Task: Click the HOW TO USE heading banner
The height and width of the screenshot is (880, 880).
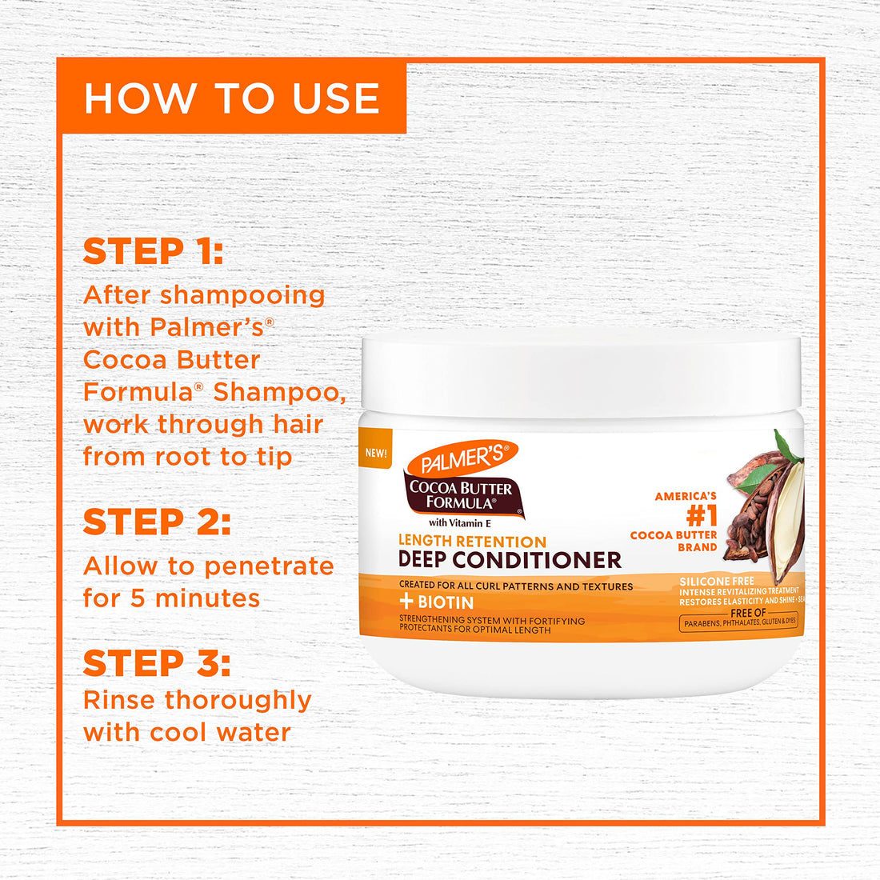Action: click(232, 98)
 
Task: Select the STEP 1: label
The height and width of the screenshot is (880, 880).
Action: click(153, 251)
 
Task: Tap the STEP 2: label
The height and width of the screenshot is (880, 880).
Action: click(157, 522)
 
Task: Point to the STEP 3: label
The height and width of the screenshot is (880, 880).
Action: click(157, 664)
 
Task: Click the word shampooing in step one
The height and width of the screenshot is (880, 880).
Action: click(242, 295)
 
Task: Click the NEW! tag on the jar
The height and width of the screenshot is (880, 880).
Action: click(376, 453)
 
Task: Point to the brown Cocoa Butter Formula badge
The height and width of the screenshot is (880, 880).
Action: click(461, 495)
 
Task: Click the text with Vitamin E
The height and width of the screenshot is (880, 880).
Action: click(459, 523)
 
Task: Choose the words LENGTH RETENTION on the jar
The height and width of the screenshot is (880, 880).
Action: click(472, 542)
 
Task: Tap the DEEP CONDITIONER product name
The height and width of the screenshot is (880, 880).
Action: click(510, 560)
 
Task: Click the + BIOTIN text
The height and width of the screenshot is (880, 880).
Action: click(437, 602)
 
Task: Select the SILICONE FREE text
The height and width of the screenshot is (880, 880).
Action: click(716, 582)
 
